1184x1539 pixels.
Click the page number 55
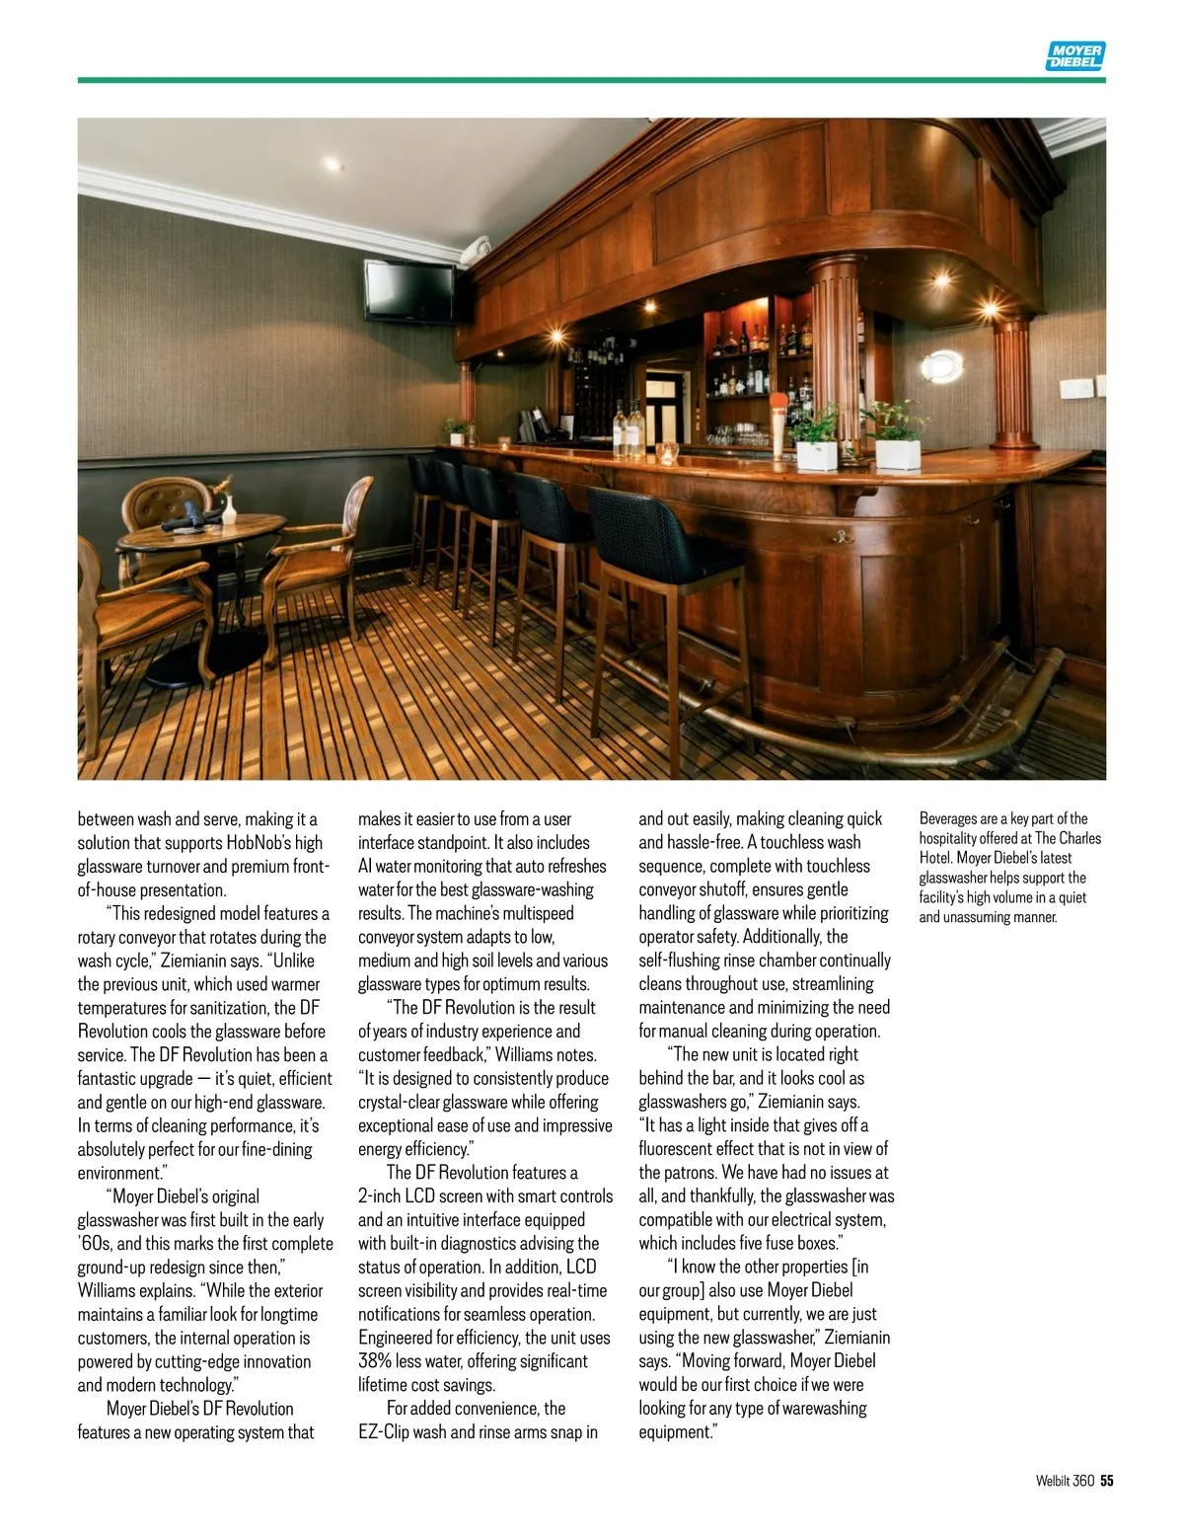coord(1107,1480)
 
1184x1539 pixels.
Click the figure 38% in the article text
coord(375,1362)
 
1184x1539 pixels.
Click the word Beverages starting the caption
coord(948,818)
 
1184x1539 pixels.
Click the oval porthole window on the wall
coord(942,366)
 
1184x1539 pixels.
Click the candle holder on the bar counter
coord(668,452)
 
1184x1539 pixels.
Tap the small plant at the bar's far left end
coord(456,430)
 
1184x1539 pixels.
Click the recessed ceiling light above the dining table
coord(332,164)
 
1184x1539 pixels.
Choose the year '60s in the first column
coord(95,1244)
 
